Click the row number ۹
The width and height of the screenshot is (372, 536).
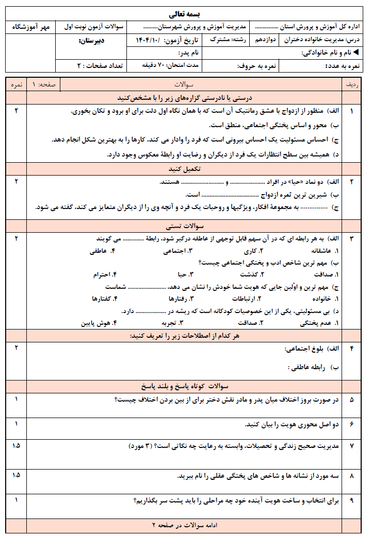click(x=352, y=500)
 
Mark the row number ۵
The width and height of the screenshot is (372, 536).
click(x=352, y=400)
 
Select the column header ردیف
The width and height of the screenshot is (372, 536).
click(x=352, y=84)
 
